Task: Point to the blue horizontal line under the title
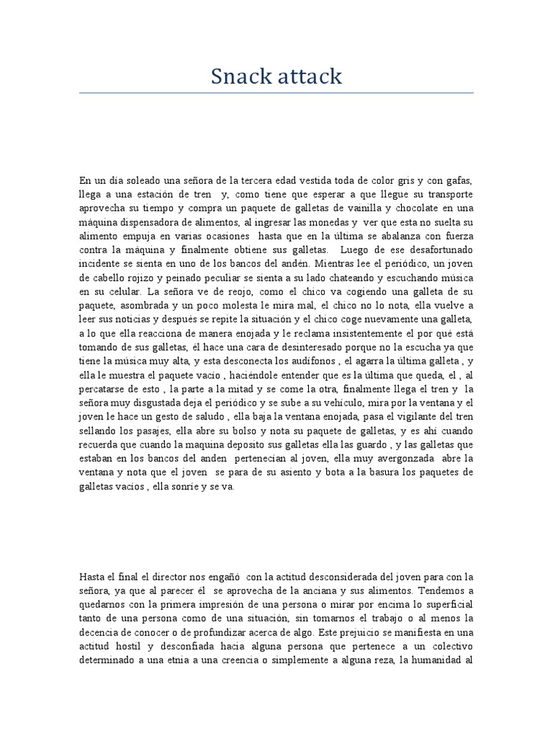(276, 93)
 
